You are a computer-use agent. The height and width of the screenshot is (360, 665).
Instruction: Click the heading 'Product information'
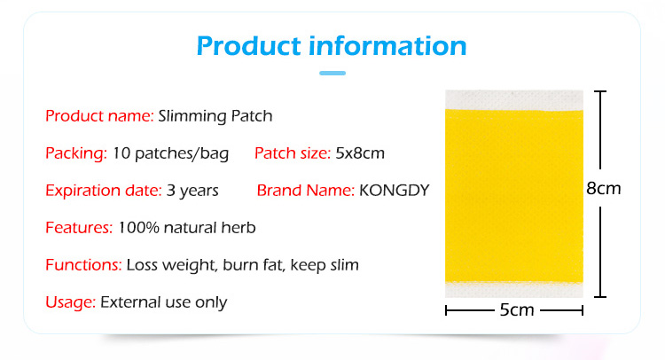tap(331, 45)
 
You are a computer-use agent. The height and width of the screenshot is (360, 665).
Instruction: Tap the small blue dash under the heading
tap(332, 73)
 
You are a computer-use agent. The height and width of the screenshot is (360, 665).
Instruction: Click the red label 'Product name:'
tap(99, 115)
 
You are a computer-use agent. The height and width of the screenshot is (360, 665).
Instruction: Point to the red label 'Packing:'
tap(76, 153)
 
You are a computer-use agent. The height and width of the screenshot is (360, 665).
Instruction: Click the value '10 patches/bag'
tap(170, 153)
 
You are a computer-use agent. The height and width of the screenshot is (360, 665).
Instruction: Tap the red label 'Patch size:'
tap(293, 153)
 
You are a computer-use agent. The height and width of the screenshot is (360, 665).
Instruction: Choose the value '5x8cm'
tap(360, 153)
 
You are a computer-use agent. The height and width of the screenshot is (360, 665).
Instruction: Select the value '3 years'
tap(192, 191)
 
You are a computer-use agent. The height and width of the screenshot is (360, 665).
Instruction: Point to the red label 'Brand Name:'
tap(306, 191)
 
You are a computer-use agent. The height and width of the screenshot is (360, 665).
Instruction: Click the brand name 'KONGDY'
tap(394, 191)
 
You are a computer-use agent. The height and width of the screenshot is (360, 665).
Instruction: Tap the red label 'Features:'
tap(79, 228)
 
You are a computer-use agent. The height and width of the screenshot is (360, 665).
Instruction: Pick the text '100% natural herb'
tap(186, 228)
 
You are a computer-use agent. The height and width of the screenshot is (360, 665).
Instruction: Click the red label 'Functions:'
tap(83, 265)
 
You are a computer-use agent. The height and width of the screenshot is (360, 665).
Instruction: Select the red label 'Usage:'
tap(70, 302)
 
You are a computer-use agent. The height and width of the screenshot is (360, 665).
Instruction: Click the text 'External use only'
tap(163, 302)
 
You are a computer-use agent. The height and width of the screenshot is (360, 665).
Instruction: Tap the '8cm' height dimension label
tap(604, 188)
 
